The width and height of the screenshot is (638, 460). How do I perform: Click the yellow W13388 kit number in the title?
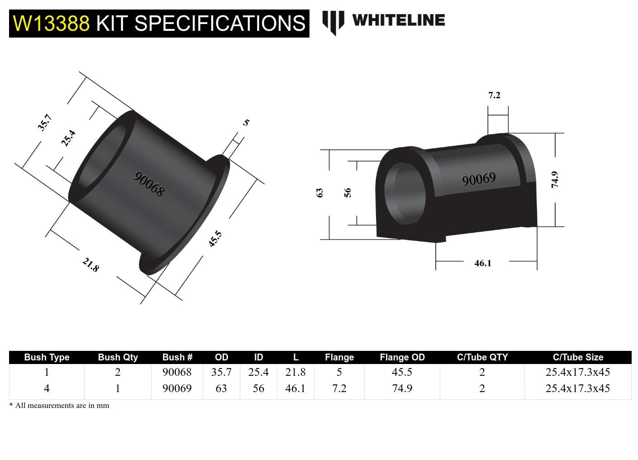tap(51, 23)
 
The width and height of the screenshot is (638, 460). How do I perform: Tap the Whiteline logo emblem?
tap(333, 22)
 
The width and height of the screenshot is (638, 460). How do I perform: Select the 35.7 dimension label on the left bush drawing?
tap(45, 122)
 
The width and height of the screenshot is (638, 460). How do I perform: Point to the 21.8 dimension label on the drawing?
tap(90, 264)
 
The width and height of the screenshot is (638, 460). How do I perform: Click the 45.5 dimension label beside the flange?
tap(215, 239)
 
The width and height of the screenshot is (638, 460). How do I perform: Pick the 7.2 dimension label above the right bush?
tap(494, 95)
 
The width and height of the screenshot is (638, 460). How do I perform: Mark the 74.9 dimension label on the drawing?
tap(555, 179)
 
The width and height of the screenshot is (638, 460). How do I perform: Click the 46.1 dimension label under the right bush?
tap(482, 263)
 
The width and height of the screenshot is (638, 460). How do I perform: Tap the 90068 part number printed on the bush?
tap(149, 183)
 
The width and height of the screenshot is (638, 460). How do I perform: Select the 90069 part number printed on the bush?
tap(478, 179)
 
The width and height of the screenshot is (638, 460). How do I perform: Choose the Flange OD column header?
tap(402, 357)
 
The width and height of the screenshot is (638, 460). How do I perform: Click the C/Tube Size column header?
tap(578, 357)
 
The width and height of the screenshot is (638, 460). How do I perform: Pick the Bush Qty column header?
tap(118, 357)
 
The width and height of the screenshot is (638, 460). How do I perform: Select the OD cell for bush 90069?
tap(221, 388)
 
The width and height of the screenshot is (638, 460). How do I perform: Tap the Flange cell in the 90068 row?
tap(339, 372)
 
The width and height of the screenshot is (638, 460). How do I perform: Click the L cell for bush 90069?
tap(295, 388)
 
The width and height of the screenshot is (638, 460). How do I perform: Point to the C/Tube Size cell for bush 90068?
tap(577, 372)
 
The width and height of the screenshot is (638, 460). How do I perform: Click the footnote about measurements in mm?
tap(59, 406)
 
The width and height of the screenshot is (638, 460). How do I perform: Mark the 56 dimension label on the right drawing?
tap(348, 192)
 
